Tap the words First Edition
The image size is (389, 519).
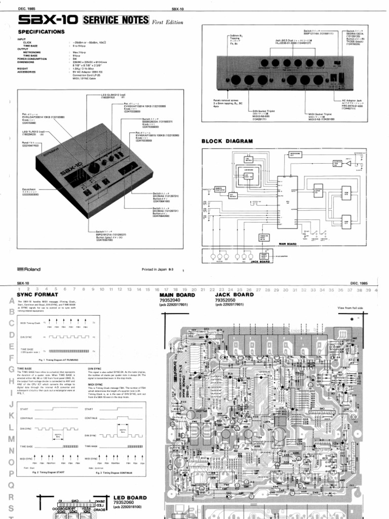[168, 22]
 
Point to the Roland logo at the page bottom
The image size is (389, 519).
[29, 269]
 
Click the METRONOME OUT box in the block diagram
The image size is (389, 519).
[295, 154]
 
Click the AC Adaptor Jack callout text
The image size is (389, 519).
[353, 101]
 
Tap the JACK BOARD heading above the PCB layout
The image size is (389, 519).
[235, 294]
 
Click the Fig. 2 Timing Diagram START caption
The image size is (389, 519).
[49, 472]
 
